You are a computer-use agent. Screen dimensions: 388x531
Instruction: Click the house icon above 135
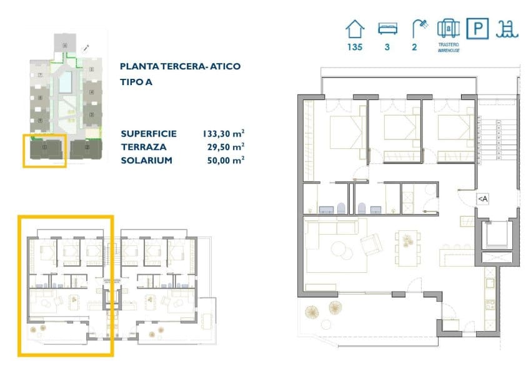pyautogui.click(x=355, y=29)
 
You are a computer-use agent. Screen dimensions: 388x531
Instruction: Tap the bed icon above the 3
pyautogui.click(x=387, y=29)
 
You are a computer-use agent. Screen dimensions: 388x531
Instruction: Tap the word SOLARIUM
pyautogui.click(x=147, y=160)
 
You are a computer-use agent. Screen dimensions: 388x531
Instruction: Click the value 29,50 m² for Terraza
pyautogui.click(x=225, y=147)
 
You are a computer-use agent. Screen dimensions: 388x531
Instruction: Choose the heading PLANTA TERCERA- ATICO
pyautogui.click(x=180, y=66)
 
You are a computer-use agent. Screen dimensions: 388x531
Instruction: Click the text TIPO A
pyautogui.click(x=137, y=81)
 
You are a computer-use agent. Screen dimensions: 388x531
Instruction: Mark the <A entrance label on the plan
pyautogui.click(x=482, y=198)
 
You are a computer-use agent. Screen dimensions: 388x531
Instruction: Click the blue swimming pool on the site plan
pyautogui.click(x=65, y=80)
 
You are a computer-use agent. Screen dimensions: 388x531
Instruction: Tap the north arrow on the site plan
pyautogui.click(x=86, y=48)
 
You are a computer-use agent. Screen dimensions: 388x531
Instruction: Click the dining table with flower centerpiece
pyautogui.click(x=410, y=238)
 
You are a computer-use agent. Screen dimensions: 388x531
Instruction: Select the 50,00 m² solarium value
pyautogui.click(x=223, y=160)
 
